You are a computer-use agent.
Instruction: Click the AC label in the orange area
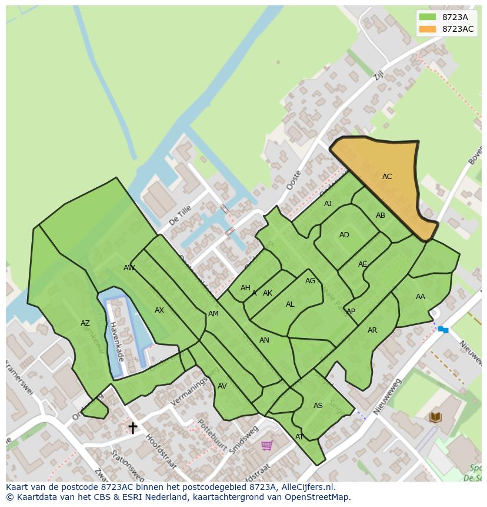[386, 177]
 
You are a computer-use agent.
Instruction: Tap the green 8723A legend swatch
[428, 17]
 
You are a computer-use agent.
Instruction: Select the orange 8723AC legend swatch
[428, 29]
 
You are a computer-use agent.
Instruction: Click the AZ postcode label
[85, 323]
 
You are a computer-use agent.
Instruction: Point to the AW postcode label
[129, 268]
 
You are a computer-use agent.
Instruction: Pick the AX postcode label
[159, 310]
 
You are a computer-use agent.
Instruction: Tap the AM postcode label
[213, 314]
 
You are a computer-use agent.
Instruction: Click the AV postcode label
[222, 386]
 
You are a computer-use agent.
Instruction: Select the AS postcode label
[318, 406]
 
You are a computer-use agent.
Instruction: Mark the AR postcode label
[372, 330]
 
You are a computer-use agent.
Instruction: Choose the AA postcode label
[420, 297]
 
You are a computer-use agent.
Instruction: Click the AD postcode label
[344, 235]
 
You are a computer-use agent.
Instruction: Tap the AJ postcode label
[328, 204]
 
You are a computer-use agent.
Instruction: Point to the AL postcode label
[289, 304]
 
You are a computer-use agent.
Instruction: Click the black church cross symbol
[133, 428]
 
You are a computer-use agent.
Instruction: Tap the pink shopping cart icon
[266, 445]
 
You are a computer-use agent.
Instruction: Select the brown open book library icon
[435, 417]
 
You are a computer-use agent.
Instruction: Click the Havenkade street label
[116, 342]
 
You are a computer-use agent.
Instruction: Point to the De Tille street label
[180, 216]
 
